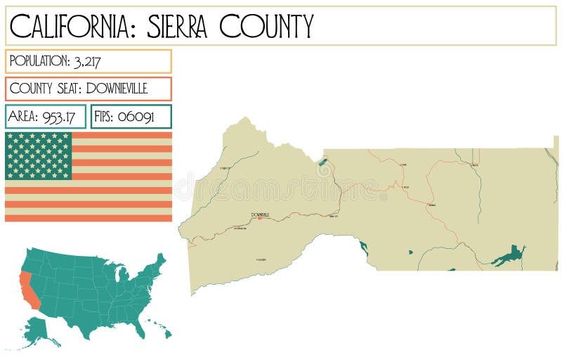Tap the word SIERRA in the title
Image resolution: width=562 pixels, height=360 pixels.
point(179,27)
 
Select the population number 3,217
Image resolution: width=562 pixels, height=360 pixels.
point(87,62)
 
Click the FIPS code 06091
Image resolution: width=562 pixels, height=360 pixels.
point(136,117)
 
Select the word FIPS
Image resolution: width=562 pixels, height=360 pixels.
point(103,117)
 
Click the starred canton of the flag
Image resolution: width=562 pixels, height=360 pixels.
point(39,155)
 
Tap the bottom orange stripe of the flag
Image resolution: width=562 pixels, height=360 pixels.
point(88,218)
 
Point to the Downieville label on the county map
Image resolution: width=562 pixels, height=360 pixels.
point(260,214)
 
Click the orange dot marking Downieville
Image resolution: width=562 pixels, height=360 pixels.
point(259,218)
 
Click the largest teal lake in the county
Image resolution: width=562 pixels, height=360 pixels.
point(511,255)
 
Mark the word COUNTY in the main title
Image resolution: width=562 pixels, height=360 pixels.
point(266,27)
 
